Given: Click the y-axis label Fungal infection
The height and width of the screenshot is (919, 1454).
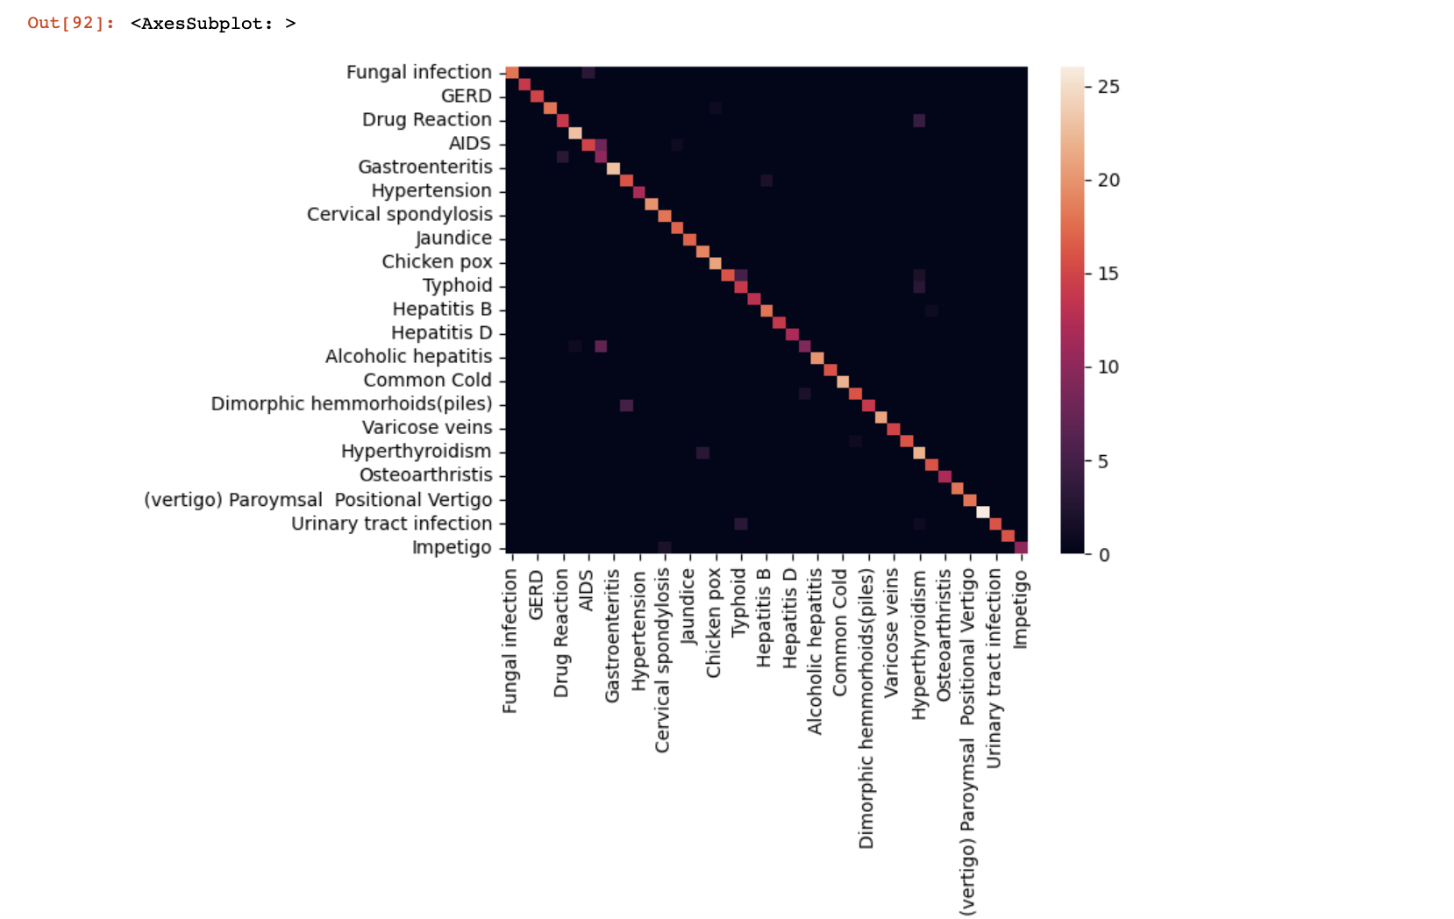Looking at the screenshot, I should pos(418,72).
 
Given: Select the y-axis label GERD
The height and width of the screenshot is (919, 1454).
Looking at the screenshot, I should pos(466,96).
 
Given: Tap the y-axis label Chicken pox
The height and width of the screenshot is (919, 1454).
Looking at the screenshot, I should pos(437,261).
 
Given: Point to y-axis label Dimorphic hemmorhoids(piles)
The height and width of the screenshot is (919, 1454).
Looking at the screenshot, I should pos(351,403).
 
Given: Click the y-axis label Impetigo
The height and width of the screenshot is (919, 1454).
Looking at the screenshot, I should pos(452,547).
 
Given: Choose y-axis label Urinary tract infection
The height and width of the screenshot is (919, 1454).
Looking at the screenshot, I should pos(391,524).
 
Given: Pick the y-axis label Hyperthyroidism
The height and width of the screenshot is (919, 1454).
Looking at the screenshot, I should pos(416,451).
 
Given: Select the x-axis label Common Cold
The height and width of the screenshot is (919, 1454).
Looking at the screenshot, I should pos(840,632).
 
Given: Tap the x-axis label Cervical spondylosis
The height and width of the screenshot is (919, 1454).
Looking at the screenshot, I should pos(662,660).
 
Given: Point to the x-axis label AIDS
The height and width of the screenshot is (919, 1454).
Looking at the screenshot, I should pos(587,589).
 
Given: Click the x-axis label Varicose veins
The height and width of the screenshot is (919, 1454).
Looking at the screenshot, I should pos(891,632).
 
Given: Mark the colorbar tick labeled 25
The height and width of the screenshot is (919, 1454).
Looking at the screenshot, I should pos(1108,86).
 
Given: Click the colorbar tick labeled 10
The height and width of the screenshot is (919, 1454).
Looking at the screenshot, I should pos(1108,367).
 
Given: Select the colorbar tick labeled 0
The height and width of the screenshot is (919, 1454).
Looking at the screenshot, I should pos(1103,554).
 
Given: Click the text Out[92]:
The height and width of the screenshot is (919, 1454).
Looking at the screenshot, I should pos(70,23).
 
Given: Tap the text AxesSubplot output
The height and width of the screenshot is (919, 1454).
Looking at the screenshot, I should pos(212,24).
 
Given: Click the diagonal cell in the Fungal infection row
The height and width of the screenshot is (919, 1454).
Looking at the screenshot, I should pos(512,73).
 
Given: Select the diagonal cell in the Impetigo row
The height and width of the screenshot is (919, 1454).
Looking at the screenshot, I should pos(1021,548).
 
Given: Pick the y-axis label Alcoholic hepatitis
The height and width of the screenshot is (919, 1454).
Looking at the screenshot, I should pos(408,356).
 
